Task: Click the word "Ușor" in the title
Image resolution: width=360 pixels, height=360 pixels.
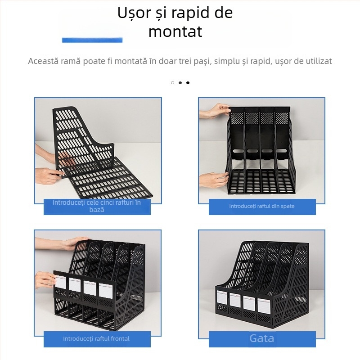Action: [x=133, y=13]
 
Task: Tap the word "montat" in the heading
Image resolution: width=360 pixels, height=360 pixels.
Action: [x=175, y=32]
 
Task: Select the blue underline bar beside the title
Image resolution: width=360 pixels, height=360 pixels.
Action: [x=92, y=40]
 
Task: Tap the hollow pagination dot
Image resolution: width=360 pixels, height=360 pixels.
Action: [x=172, y=83]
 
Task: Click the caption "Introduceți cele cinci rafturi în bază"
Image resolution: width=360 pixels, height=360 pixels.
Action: [x=97, y=206]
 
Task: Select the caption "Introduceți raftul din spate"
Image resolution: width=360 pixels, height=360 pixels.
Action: [x=262, y=206]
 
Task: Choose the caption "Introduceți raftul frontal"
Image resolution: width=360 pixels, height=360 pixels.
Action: [x=97, y=338]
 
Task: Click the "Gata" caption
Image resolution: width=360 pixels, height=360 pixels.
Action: [x=262, y=338]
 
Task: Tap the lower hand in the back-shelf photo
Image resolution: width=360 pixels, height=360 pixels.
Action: [x=212, y=179]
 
